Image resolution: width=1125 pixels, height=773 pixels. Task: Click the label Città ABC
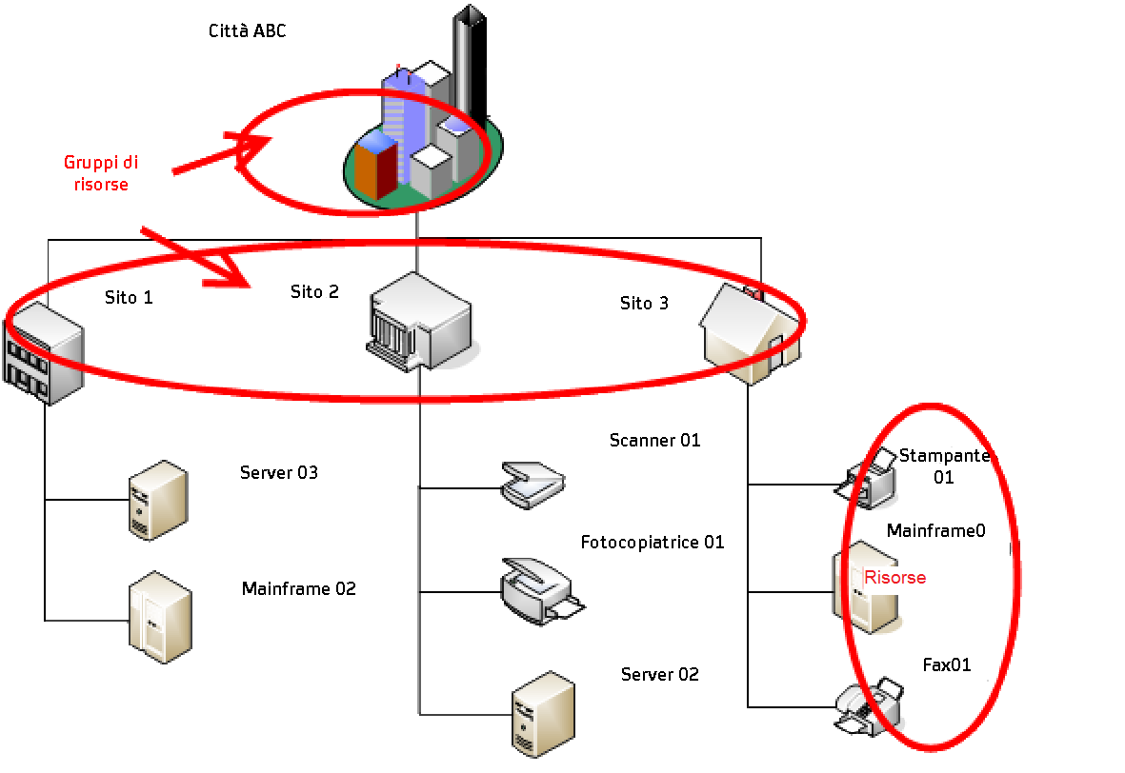tap(247, 31)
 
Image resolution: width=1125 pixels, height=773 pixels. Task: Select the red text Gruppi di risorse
tap(101, 173)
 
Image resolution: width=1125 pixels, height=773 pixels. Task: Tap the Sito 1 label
tap(129, 297)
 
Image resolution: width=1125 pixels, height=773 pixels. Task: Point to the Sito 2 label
tap(314, 292)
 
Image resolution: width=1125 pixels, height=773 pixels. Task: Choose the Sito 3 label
tap(644, 304)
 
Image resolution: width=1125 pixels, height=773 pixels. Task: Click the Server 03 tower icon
tap(158, 501)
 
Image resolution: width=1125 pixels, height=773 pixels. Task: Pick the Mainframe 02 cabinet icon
tap(160, 616)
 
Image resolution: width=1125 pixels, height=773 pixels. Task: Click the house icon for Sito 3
tap(750, 332)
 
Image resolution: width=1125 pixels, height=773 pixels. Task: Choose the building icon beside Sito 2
tap(418, 320)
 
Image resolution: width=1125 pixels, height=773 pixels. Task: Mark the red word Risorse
tap(894, 578)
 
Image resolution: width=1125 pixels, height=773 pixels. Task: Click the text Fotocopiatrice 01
tap(653, 543)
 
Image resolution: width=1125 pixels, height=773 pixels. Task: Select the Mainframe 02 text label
tap(298, 589)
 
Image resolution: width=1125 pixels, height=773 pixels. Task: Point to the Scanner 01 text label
tap(654, 441)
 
